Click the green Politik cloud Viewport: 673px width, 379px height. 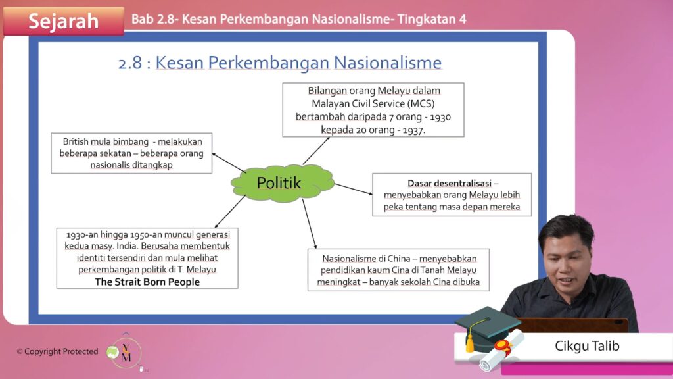[282, 183]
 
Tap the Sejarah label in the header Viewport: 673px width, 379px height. [64, 21]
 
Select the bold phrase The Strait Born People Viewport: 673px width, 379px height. [147, 282]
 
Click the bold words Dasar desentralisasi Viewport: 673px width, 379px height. [450, 183]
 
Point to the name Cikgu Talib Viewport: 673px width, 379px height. [587, 346]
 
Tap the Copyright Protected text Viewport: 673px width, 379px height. [58, 351]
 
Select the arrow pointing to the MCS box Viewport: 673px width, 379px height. [316, 151]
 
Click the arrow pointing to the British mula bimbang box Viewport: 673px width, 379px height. [229, 163]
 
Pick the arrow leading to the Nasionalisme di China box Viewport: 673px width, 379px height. [310, 224]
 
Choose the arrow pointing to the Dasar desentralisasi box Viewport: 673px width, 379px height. [354, 189]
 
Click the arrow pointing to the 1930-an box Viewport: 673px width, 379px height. [230, 211]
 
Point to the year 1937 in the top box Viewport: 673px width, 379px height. [413, 130]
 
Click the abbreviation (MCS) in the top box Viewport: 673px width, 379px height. [421, 103]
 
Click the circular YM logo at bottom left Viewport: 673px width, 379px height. [126, 353]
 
